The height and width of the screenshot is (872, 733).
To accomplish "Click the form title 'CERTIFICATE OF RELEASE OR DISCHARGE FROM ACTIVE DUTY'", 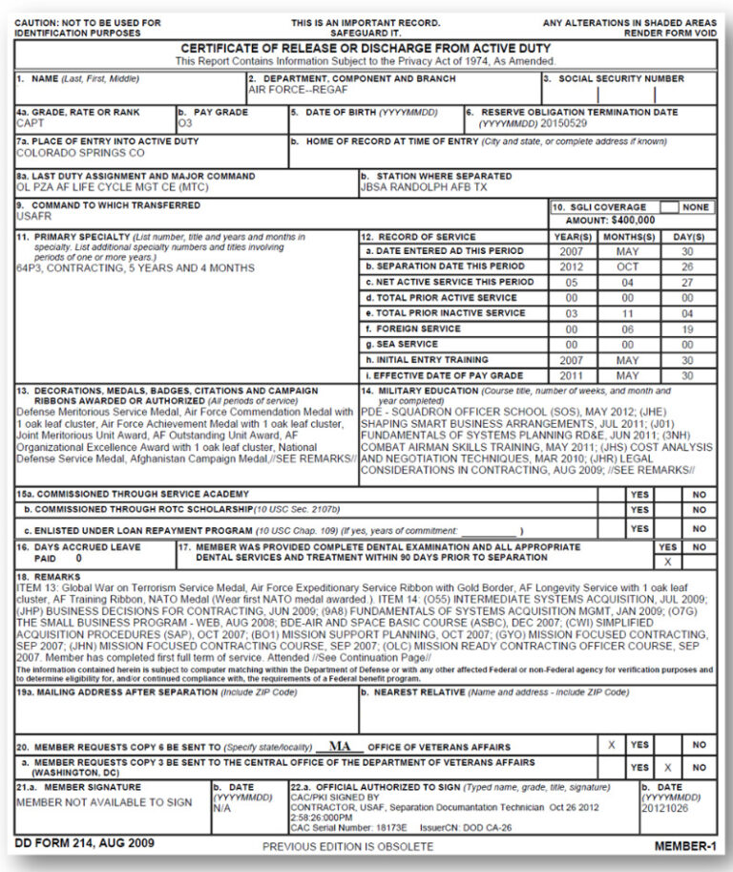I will pyautogui.click(x=366, y=49).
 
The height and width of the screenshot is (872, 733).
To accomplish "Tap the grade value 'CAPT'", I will pyautogui.click(x=31, y=123).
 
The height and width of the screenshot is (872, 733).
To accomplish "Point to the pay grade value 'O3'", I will pyautogui.click(x=185, y=123).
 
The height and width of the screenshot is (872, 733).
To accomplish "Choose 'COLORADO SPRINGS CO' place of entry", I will pyautogui.click(x=81, y=153).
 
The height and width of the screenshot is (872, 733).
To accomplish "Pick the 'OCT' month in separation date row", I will pyautogui.click(x=626, y=266).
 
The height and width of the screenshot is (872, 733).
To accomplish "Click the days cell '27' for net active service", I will pyautogui.click(x=688, y=282).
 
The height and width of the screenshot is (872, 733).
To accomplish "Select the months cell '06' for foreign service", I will pyautogui.click(x=626, y=328).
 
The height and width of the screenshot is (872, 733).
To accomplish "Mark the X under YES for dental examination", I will pyautogui.click(x=667, y=562).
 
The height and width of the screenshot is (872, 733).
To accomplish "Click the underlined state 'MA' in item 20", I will pyautogui.click(x=340, y=746).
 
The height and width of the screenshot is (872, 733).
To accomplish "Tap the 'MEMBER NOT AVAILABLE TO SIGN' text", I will pyautogui.click(x=104, y=802).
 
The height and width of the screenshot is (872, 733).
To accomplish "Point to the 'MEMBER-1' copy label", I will pyautogui.click(x=684, y=845).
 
